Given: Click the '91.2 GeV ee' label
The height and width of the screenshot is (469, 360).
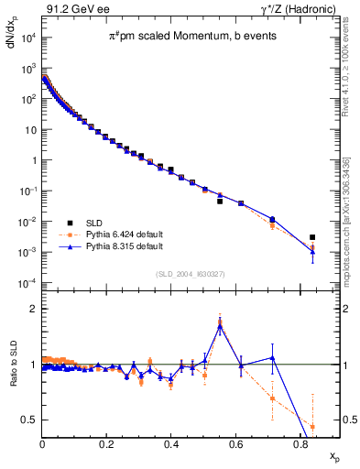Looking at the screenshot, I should coord(72,8).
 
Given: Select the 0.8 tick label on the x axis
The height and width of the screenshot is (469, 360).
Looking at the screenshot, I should coord(300,443).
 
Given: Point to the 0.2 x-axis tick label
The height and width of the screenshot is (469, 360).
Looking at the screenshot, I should coord(106,443).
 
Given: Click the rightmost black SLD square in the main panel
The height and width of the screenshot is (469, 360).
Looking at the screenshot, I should coord(312,237).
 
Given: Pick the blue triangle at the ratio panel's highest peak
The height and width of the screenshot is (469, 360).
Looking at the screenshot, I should coord(220,325).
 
